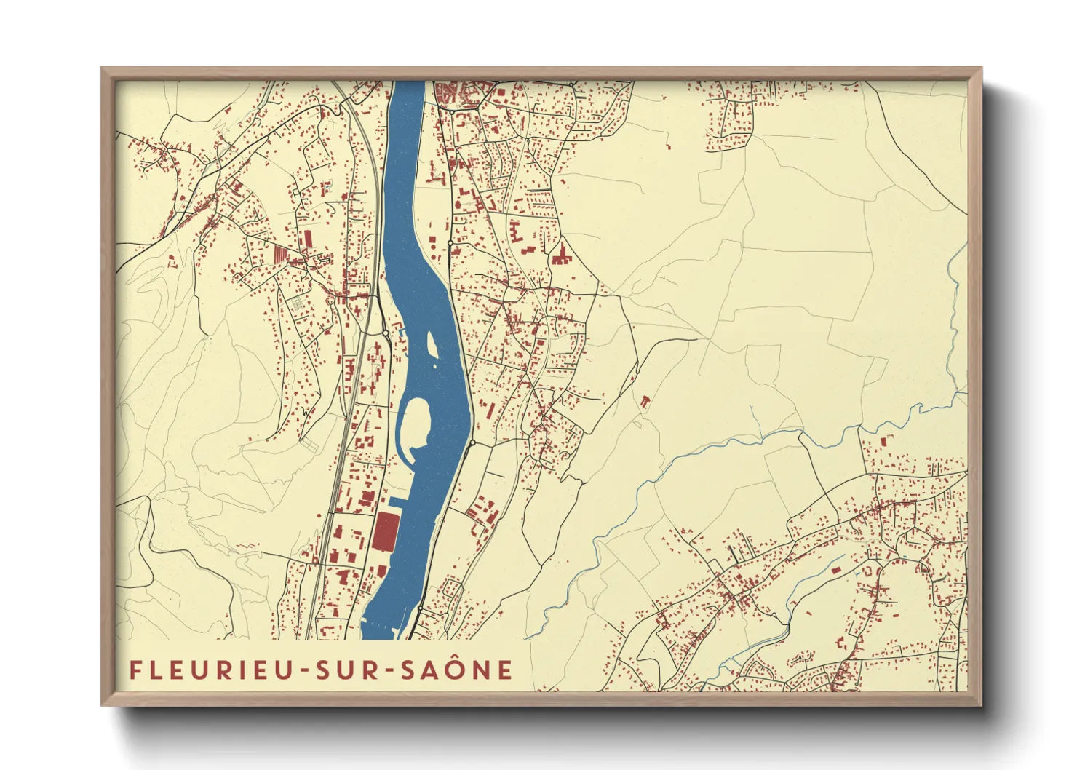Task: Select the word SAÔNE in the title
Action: click(456, 670)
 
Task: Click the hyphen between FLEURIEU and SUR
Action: click(303, 671)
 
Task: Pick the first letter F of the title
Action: click(135, 670)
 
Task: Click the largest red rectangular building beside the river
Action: click(386, 532)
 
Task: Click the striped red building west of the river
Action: click(281, 254)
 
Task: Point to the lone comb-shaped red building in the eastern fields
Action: click(644, 400)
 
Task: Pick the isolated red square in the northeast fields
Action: click(668, 148)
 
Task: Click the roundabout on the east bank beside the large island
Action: click(472, 442)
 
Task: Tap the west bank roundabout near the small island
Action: click(385, 333)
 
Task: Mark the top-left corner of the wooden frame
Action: click(102, 68)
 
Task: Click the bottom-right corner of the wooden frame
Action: click(981, 704)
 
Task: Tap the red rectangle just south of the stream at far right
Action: click(884, 442)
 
